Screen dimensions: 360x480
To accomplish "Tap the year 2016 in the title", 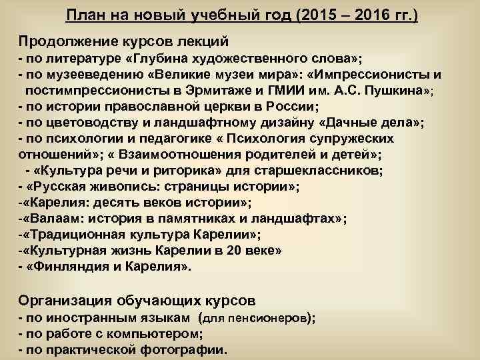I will coord(360,15).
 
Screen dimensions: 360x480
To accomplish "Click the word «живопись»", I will coord(107,187).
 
